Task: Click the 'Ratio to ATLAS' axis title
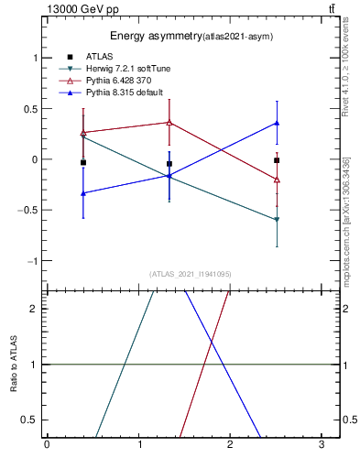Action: pos(12,365)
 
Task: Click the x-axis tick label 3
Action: pos(322,445)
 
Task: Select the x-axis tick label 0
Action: pos(47,445)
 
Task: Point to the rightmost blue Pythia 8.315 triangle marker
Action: pos(277,123)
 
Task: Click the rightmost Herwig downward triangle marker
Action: pos(277,220)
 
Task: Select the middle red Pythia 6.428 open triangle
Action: pos(169,122)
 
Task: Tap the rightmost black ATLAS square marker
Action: pos(277,160)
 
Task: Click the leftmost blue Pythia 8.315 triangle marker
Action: pos(83,193)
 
